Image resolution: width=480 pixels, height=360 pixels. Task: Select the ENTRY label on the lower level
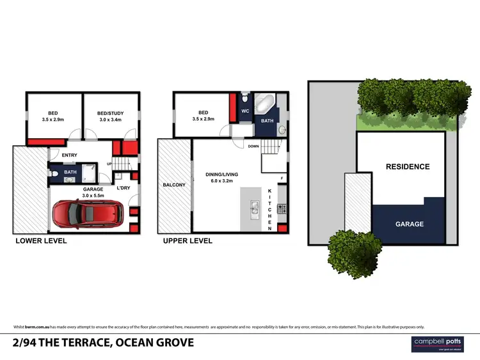70,155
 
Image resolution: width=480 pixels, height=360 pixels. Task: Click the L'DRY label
123,187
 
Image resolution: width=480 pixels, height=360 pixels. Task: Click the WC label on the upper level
245,111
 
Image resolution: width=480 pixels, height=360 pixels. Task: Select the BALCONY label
174,185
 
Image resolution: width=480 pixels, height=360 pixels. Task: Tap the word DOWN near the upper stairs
253,146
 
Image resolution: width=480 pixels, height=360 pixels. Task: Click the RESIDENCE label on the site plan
407,166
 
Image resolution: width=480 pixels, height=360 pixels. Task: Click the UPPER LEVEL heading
188,241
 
